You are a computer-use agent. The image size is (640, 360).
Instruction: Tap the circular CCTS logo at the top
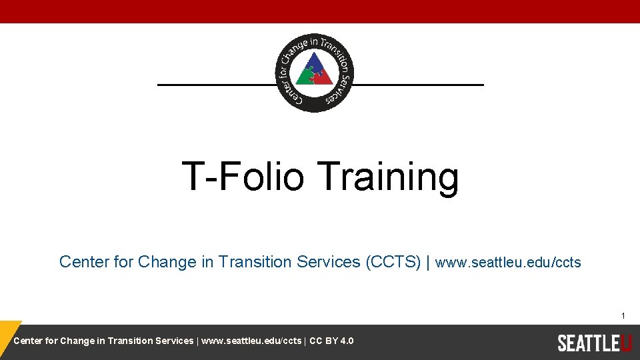click(x=315, y=72)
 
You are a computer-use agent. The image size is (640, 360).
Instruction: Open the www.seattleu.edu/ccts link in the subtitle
click(x=508, y=263)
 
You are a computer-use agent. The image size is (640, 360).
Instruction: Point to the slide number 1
click(x=623, y=315)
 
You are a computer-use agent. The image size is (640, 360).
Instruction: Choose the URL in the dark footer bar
click(x=251, y=341)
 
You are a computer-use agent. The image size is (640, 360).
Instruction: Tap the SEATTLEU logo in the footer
click(x=594, y=343)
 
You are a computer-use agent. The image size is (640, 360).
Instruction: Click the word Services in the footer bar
click(x=174, y=341)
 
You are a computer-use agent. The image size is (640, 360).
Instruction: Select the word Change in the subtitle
click(x=167, y=262)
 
